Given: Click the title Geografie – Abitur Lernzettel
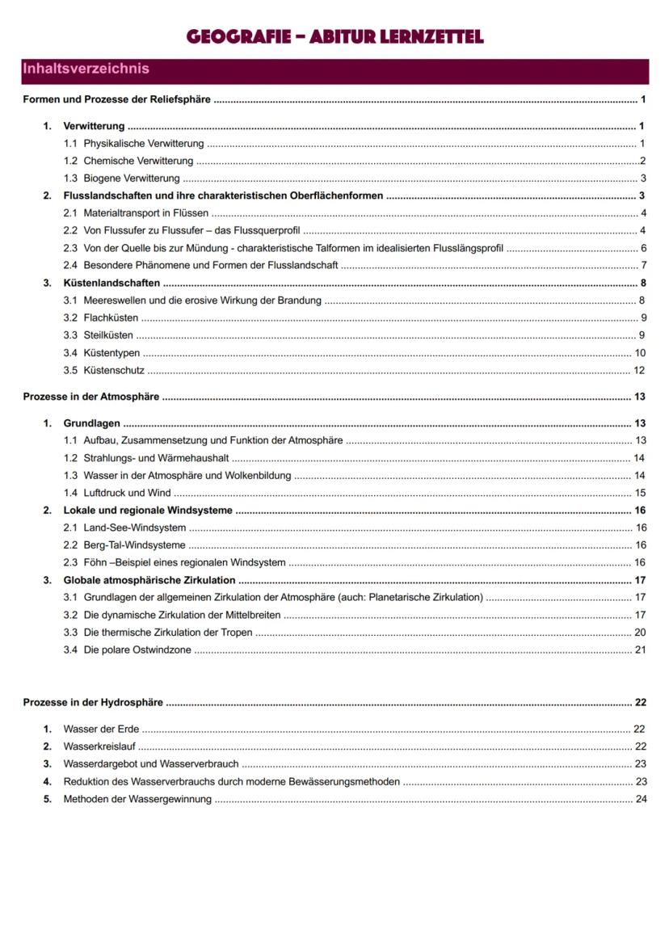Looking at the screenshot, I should pyautogui.click(x=334, y=36).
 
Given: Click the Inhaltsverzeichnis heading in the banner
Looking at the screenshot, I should pyautogui.click(x=86, y=69).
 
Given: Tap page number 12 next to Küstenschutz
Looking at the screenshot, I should pyautogui.click(x=639, y=371).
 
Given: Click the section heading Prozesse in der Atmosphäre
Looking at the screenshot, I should pyautogui.click(x=91, y=397).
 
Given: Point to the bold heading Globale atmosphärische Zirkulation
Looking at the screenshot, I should pyautogui.click(x=149, y=580).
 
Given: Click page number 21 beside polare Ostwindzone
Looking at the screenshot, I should pyautogui.click(x=640, y=650).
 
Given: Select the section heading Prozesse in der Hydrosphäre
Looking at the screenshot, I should pyautogui.click(x=93, y=703).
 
